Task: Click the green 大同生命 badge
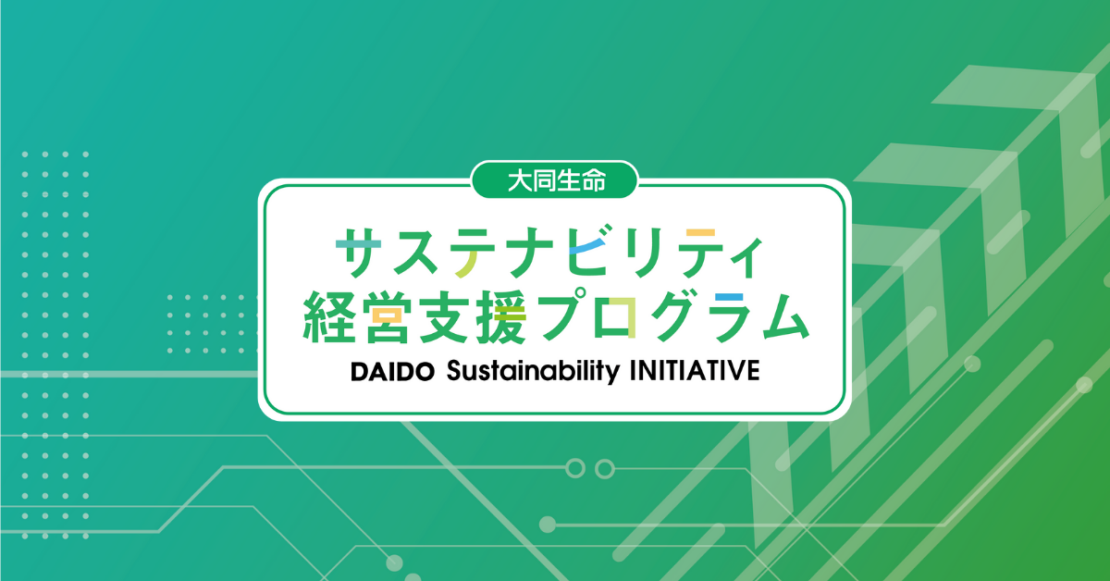554,180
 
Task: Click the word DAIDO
392,372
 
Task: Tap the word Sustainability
533,372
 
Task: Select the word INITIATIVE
695,371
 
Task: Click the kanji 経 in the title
329,317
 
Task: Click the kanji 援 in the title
501,317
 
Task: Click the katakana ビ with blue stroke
588,251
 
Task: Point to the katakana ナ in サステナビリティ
531,252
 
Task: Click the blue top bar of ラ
730,298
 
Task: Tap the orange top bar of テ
700,232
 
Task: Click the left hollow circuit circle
575,468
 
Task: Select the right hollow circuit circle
605,468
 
